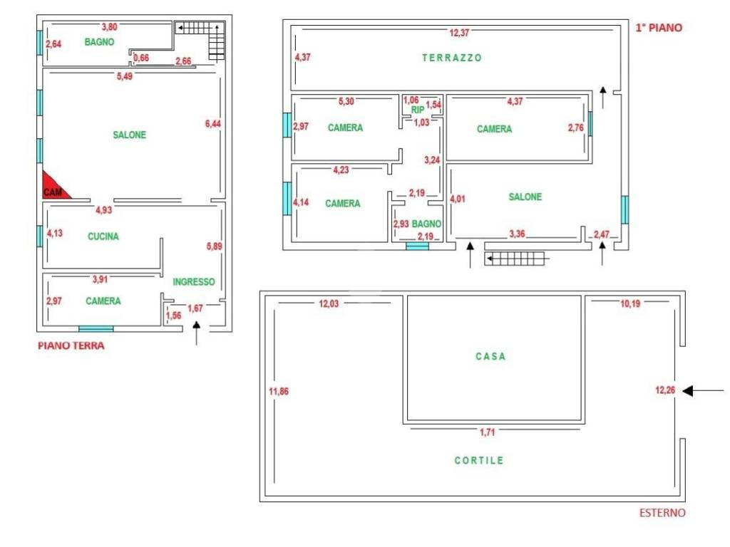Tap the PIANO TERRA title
click(x=71, y=345)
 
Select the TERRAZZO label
click(x=451, y=58)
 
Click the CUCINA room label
click(x=103, y=236)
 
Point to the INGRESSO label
click(x=194, y=281)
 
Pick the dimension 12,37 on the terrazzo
click(x=459, y=33)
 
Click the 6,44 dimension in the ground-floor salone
click(x=212, y=123)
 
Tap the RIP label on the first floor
click(x=418, y=110)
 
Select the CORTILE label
click(x=479, y=461)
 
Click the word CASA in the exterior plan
click(x=490, y=356)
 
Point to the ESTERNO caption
click(x=662, y=513)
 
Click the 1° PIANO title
click(x=659, y=28)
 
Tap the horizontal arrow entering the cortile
click(x=703, y=391)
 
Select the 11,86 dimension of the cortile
click(x=279, y=391)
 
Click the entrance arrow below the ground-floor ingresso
click(x=197, y=333)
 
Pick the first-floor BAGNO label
click(x=426, y=224)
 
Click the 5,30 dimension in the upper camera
click(x=346, y=101)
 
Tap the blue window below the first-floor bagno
click(x=417, y=246)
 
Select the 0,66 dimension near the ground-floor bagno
click(x=141, y=58)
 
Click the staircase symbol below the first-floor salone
click(x=515, y=259)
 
